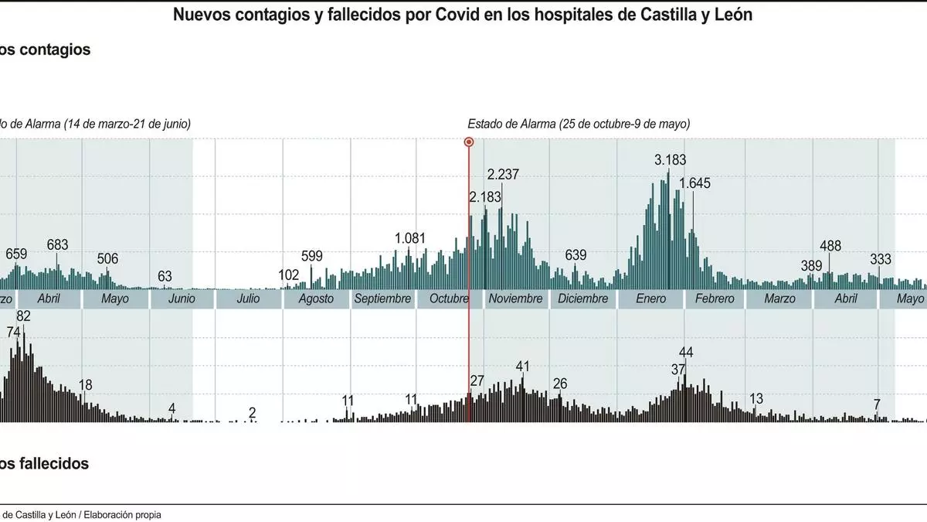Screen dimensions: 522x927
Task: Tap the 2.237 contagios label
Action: tap(503, 174)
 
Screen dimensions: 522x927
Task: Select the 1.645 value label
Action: tap(694, 183)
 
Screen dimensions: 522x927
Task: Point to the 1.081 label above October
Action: tap(410, 238)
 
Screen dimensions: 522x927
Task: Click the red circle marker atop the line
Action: tap(468, 142)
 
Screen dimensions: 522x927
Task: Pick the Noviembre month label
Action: tap(515, 299)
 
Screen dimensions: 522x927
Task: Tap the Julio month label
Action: tap(248, 299)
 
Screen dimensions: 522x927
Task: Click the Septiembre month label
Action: tap(382, 299)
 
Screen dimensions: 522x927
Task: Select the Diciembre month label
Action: tap(582, 299)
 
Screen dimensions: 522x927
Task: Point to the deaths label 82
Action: tap(23, 316)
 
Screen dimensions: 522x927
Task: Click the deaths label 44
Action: tap(685, 353)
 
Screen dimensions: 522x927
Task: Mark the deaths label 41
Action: tap(523, 366)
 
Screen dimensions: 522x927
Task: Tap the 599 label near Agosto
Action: tap(311, 257)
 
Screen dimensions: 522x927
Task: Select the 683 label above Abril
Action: tap(58, 244)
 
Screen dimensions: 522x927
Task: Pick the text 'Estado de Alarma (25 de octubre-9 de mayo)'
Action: tap(579, 124)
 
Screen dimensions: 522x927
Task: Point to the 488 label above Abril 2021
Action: tap(830, 246)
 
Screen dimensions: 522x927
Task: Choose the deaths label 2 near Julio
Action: tap(252, 412)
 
